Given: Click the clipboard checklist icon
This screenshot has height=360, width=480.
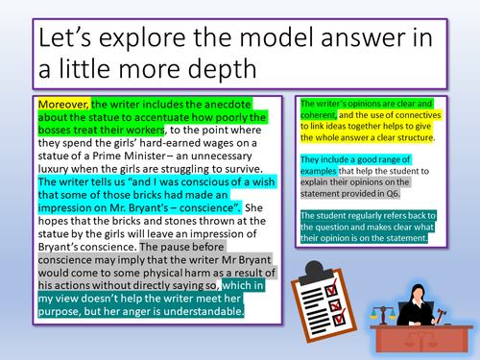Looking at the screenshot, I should coord(322,294).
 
